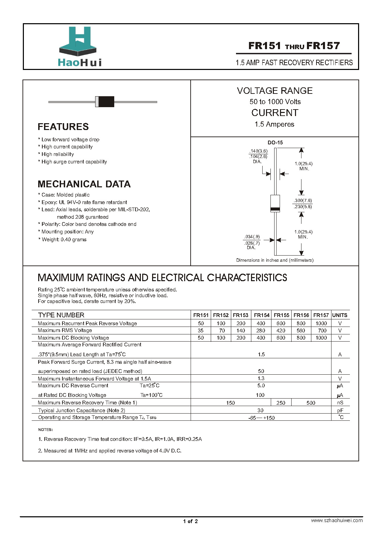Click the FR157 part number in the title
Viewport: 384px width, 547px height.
point(323,46)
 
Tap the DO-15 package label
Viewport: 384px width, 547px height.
point(275,143)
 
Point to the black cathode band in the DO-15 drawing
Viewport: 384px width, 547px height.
point(275,209)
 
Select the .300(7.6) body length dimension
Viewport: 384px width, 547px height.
point(303,201)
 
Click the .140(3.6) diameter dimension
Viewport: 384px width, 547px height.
point(258,151)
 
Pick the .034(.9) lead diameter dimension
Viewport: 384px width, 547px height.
point(252,236)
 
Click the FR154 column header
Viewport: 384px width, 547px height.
point(262,315)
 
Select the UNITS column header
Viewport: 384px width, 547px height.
point(340,315)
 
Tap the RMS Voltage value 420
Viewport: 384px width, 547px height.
point(281,331)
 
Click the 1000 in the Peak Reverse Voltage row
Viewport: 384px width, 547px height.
point(321,323)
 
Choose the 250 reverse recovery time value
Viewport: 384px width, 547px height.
point(281,403)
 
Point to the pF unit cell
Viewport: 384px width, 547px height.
point(340,411)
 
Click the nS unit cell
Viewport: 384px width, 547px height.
point(340,403)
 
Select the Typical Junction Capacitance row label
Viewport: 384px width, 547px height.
point(82,411)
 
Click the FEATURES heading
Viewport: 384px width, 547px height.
point(63,127)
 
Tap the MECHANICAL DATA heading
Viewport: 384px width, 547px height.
point(84,184)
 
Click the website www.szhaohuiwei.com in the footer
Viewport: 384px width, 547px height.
point(337,520)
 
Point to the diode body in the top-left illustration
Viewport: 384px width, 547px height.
point(105,102)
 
